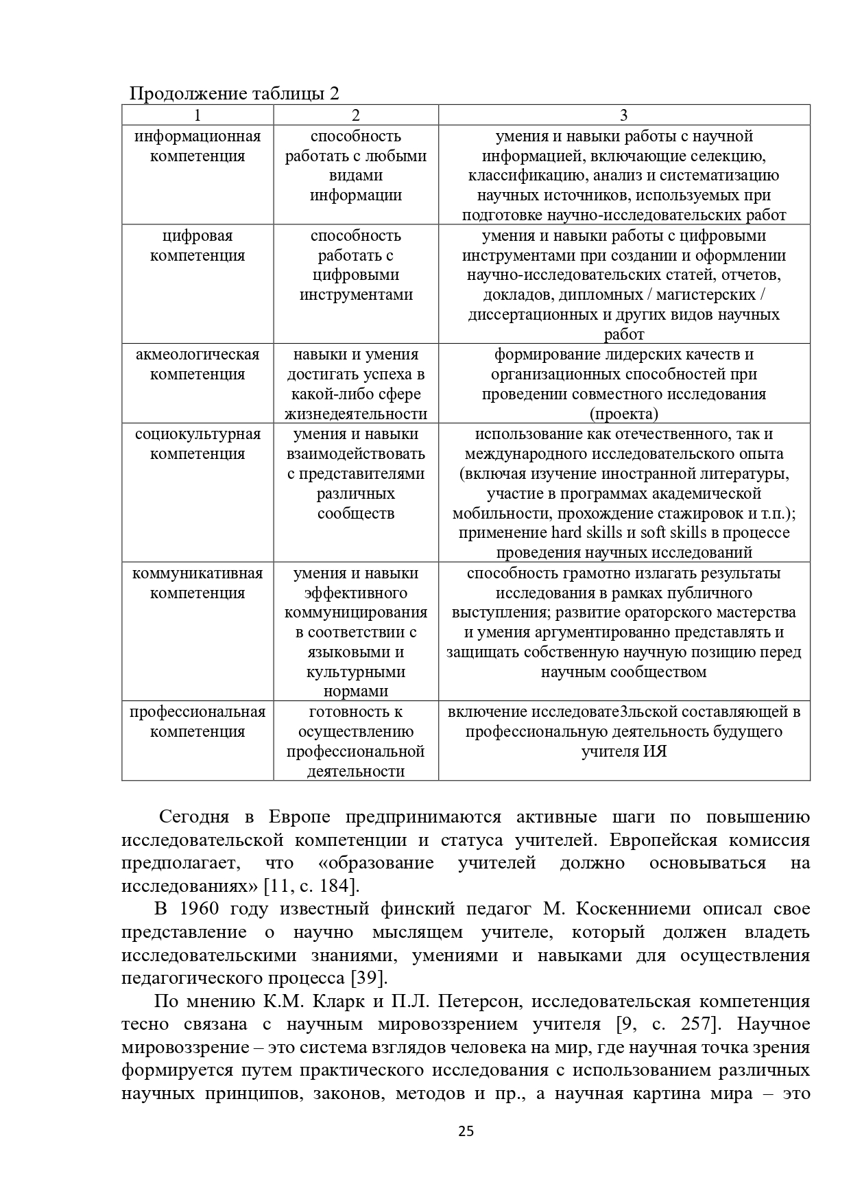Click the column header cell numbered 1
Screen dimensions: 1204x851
coord(197,115)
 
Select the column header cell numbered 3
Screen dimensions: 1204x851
coord(623,115)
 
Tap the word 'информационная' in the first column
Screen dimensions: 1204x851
coord(197,136)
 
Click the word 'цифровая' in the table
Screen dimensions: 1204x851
coord(197,235)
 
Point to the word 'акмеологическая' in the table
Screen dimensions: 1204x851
coord(197,354)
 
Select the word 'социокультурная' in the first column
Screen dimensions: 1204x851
coord(197,434)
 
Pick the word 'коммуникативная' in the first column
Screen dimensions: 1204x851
coord(197,573)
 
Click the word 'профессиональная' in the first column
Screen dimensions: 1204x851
coord(197,711)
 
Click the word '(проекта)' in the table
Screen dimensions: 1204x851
coord(623,414)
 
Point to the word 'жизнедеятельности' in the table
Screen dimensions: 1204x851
coord(356,414)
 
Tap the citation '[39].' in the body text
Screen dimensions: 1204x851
coord(370,978)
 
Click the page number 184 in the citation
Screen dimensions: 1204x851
coord(334,885)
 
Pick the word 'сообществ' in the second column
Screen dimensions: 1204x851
coord(356,513)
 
